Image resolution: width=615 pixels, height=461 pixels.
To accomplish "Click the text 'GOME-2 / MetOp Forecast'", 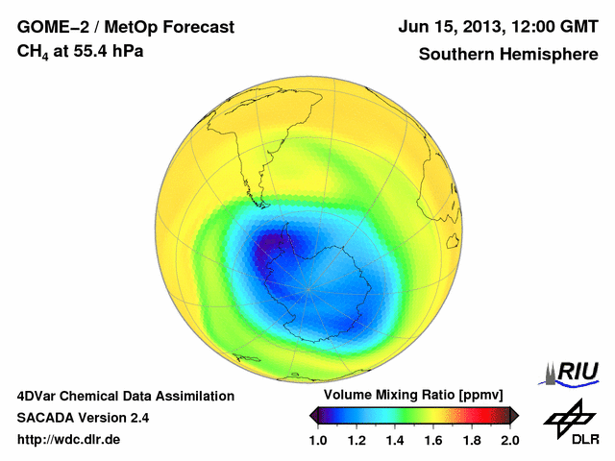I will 126,27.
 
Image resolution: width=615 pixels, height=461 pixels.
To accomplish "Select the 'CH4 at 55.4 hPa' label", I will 81,51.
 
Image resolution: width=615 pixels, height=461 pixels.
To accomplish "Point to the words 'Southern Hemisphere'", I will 507,54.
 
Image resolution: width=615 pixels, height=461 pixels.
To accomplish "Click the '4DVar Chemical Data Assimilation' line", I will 126,396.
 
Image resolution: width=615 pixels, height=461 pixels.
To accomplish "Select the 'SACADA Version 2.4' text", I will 83,418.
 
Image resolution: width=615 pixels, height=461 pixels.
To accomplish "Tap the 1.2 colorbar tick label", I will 357,440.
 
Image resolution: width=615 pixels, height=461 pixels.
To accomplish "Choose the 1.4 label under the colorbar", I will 395,440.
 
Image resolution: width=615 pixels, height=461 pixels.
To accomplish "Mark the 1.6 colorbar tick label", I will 433,440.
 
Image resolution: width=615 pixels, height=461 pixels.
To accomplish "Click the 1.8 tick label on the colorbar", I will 471,440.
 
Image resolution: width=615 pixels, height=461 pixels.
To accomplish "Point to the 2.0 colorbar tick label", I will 509,440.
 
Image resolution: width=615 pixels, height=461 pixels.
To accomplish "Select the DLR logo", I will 568,424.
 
